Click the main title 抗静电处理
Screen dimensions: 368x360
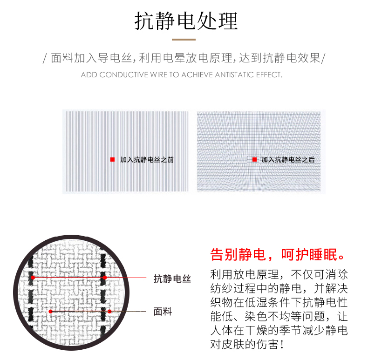coord(186,21)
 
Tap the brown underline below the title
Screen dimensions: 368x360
coord(184,40)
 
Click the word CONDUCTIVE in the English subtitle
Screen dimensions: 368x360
coord(124,75)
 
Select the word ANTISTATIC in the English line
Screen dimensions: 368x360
coord(234,75)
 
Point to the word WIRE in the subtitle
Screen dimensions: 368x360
coord(159,75)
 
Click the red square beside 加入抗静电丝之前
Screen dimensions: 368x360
coord(112,160)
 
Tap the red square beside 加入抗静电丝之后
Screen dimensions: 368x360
coord(254,160)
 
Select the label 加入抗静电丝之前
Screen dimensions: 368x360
coord(147,160)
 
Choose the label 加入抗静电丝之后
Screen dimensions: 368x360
coord(288,160)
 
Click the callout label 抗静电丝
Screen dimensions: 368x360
coord(172,279)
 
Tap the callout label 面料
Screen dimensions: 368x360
coord(163,312)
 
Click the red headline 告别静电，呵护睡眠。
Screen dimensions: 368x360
coord(278,255)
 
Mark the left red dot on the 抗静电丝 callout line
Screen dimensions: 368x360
coord(33,278)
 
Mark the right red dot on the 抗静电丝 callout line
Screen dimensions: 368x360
coord(105,278)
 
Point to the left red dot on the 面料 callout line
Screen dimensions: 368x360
coord(50,312)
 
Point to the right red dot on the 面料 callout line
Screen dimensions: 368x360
coord(109,312)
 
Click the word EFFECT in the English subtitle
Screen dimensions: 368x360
coord(269,75)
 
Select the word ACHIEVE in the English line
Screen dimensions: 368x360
coord(197,75)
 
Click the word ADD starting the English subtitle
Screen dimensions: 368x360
coord(89,75)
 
